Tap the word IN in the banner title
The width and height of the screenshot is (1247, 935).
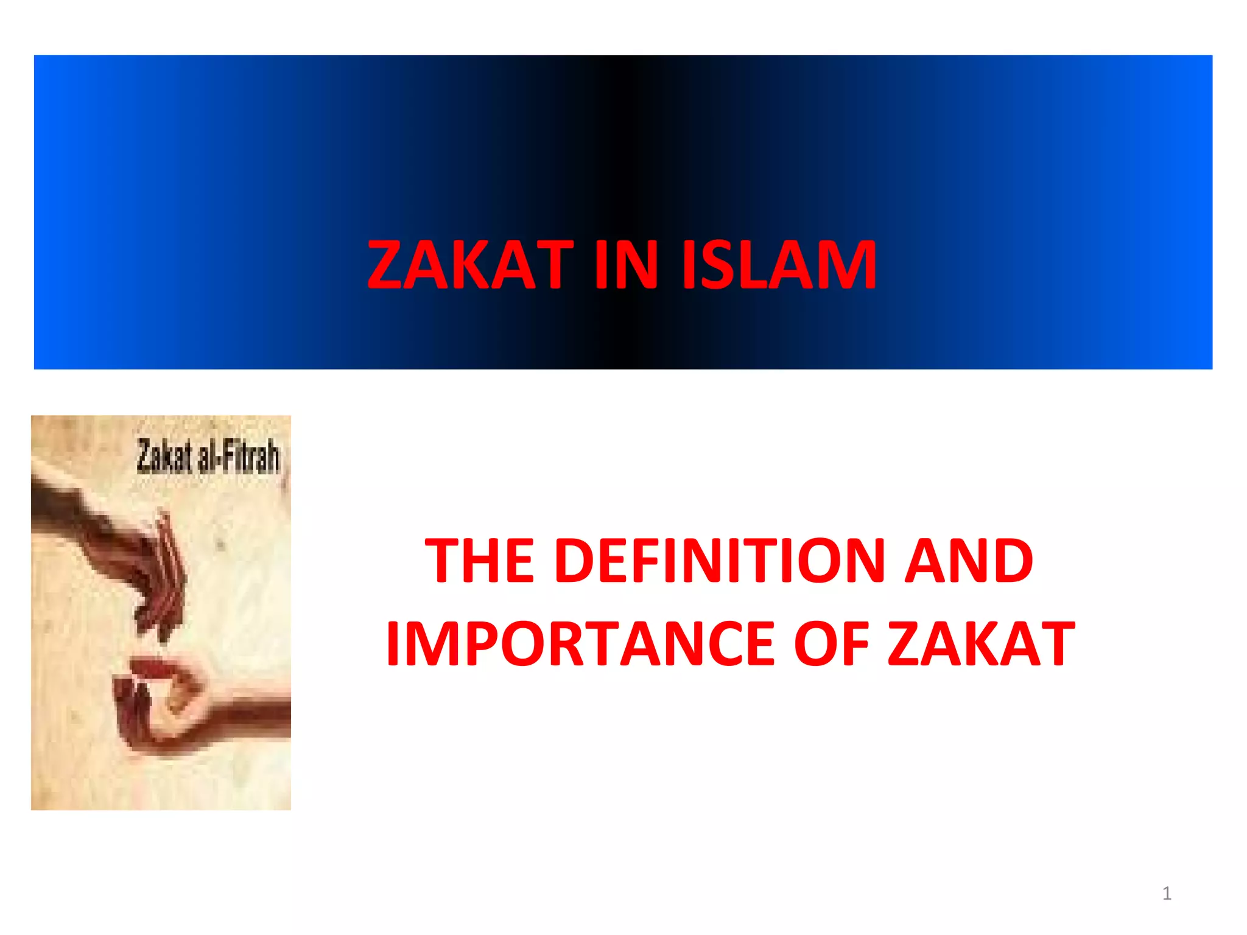pyautogui.click(x=627, y=265)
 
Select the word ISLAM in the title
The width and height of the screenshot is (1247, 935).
pyautogui.click(x=779, y=265)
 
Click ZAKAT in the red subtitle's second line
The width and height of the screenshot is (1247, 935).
pyautogui.click(x=980, y=643)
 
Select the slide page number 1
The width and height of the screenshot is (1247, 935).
pyautogui.click(x=1167, y=894)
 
